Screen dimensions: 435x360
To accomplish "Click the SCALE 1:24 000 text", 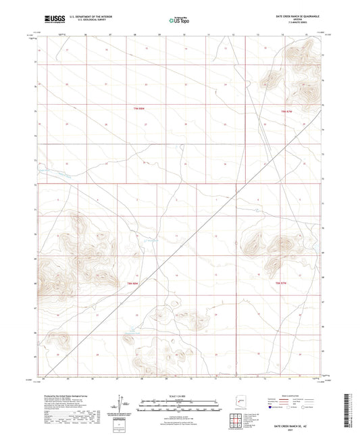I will (179, 396).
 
